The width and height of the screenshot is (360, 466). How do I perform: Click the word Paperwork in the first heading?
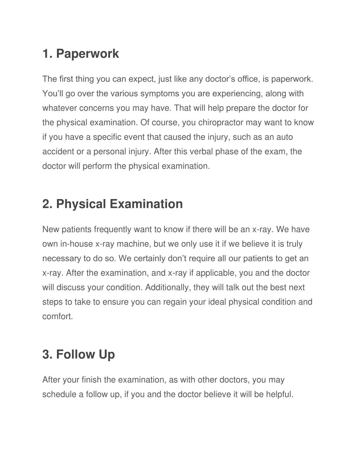pyautogui.click(x=88, y=54)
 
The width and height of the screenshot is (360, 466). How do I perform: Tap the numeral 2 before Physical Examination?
pyautogui.click(x=46, y=204)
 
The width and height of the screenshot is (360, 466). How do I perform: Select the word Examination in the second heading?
pyautogui.click(x=146, y=204)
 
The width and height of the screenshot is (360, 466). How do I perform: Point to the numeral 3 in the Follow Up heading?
pyautogui.click(x=46, y=354)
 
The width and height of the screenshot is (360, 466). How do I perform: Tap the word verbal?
pyautogui.click(x=199, y=152)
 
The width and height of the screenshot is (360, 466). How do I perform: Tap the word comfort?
pyautogui.click(x=58, y=316)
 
